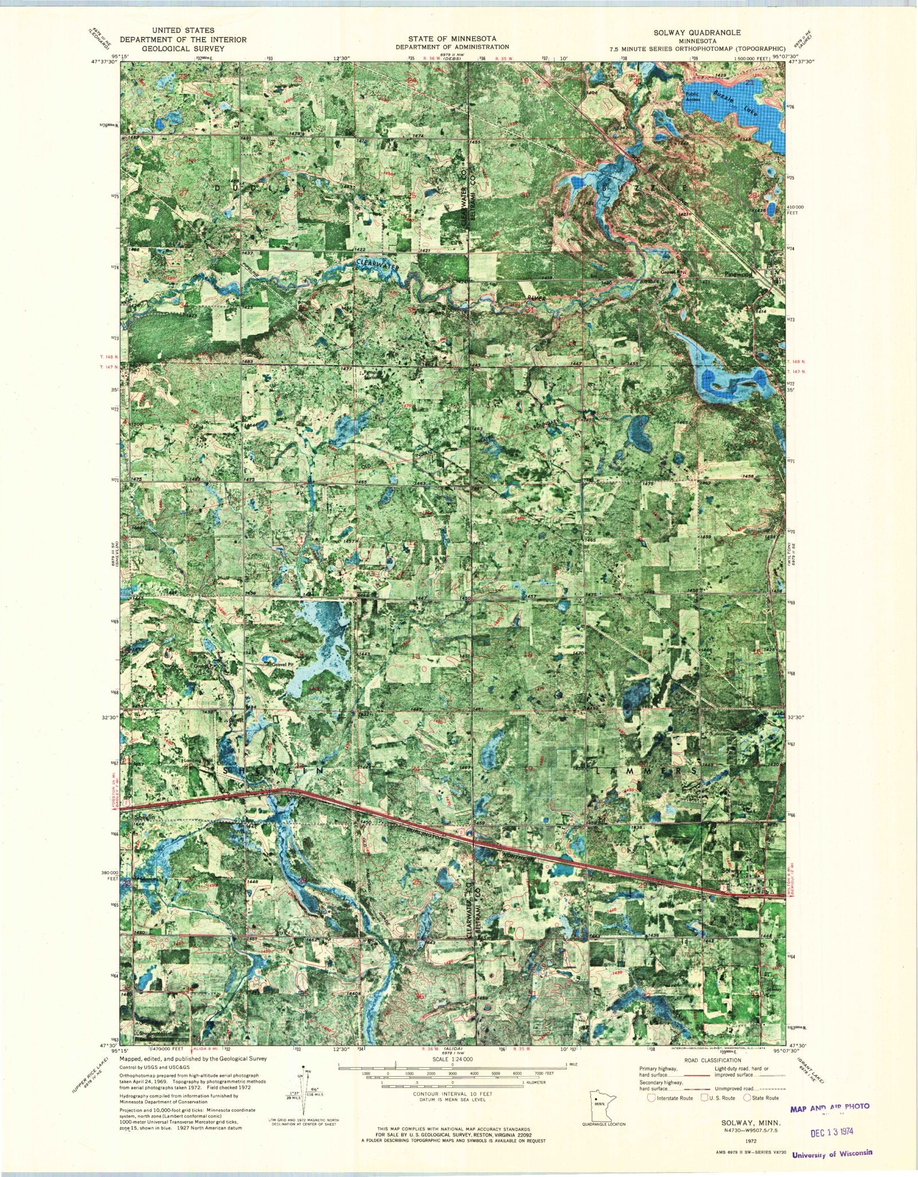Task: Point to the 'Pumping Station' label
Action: (x=373, y=375)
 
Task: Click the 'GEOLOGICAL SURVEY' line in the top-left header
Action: (x=183, y=49)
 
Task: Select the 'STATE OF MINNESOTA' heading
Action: (x=452, y=39)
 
